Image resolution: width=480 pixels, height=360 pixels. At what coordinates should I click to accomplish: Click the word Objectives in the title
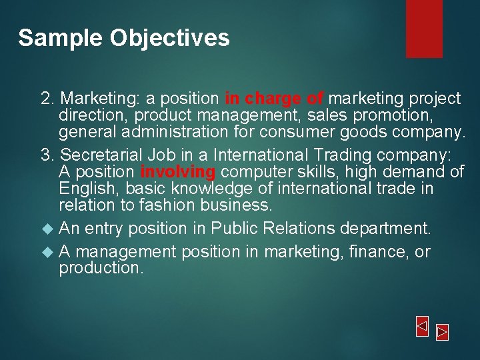click(x=170, y=38)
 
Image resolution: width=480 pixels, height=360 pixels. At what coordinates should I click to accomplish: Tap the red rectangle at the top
click(x=424, y=28)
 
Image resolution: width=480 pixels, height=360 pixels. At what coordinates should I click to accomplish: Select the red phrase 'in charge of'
click(x=275, y=99)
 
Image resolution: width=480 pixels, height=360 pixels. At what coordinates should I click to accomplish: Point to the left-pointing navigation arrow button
click(x=422, y=327)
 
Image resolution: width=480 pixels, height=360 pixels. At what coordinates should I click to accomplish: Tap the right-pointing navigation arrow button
click(x=442, y=331)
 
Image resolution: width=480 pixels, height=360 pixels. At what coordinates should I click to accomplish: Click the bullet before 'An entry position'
click(x=47, y=229)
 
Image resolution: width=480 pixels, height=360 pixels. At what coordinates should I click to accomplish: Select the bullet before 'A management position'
click(x=47, y=253)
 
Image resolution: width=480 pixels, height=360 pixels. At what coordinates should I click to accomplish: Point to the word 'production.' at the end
click(x=101, y=268)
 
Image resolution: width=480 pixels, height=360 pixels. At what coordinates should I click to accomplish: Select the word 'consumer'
click(x=310, y=132)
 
